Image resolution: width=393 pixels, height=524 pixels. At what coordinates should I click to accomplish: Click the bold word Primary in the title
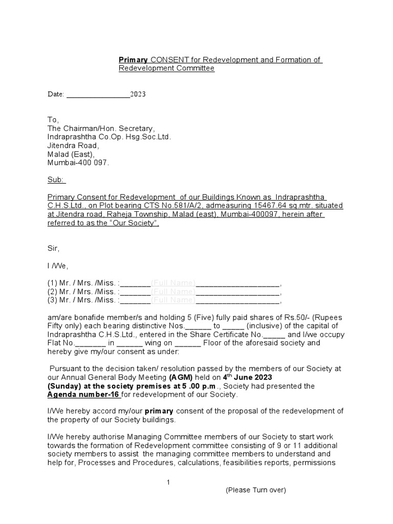134,60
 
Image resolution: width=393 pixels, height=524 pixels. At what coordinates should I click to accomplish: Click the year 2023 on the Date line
138,94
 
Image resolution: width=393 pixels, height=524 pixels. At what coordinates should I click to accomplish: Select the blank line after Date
98,95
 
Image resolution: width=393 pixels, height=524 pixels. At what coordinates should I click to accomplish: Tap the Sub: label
56,180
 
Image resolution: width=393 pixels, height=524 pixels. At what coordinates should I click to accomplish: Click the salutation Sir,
53,249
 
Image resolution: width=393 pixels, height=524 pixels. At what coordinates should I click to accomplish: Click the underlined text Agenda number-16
83,395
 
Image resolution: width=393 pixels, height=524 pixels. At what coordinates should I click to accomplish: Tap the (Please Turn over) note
256,490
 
